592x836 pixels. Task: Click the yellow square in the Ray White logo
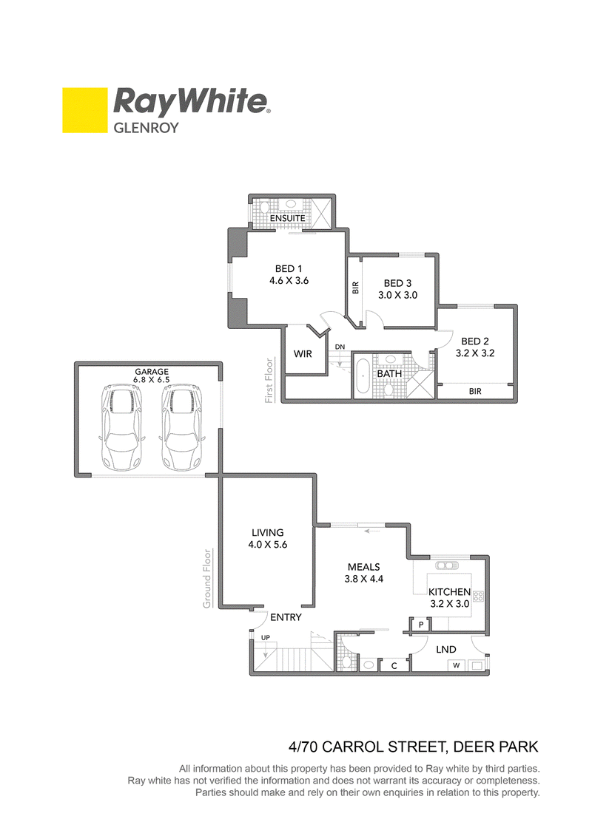[85, 110]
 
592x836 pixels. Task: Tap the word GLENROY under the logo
[147, 128]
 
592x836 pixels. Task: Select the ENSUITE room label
[287, 218]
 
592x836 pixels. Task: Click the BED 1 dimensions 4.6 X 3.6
[289, 280]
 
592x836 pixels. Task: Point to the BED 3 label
[397, 283]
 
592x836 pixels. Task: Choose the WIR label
[303, 353]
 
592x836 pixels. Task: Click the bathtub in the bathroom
[363, 376]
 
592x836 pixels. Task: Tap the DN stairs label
[340, 347]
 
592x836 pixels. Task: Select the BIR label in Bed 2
[475, 391]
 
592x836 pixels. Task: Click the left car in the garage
[121, 428]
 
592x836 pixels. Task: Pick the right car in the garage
[182, 428]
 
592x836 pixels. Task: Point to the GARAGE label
[152, 372]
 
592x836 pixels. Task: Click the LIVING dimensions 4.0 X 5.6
[267, 544]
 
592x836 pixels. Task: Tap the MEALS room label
[363, 567]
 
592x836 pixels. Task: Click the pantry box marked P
[421, 625]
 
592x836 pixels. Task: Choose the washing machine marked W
[457, 665]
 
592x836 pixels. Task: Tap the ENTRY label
[286, 617]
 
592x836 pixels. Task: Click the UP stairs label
[266, 638]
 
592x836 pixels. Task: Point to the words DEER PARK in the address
[495, 747]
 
